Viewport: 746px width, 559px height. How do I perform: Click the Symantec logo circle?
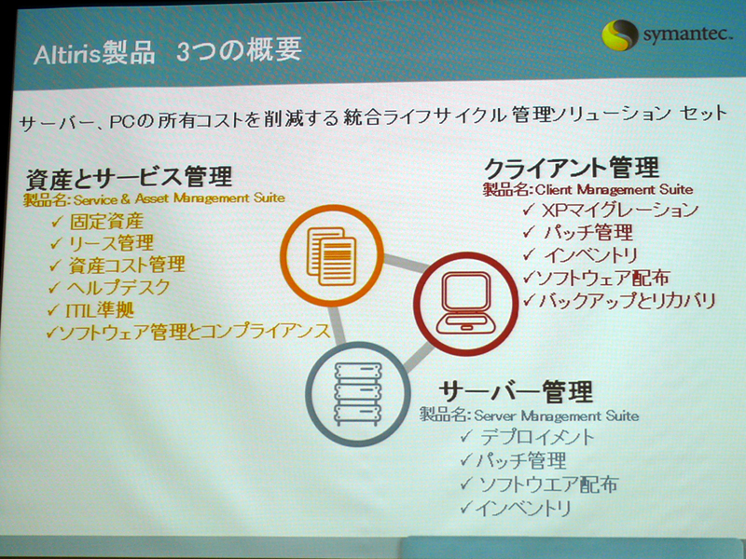[619, 34]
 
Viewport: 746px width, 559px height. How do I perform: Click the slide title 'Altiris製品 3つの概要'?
[168, 51]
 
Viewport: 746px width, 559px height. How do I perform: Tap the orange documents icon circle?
[332, 255]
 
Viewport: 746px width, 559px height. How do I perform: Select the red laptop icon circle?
[465, 304]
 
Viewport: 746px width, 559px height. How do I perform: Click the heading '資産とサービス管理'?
[130, 176]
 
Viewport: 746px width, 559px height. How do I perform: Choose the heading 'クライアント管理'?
[571, 169]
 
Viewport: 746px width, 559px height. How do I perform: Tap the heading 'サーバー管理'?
[516, 391]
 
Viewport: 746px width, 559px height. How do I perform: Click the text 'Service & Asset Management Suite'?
[179, 198]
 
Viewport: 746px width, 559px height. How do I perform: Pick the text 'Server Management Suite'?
[556, 416]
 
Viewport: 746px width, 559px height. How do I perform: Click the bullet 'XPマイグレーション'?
[620, 210]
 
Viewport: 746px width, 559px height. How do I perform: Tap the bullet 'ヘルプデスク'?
[118, 288]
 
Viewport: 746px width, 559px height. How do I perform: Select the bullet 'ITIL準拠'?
[100, 310]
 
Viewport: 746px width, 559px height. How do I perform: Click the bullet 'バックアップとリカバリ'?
[627, 300]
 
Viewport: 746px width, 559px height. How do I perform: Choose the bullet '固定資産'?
[106, 221]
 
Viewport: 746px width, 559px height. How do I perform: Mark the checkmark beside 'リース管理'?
[56, 243]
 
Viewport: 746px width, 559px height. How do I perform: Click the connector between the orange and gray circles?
[338, 325]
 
